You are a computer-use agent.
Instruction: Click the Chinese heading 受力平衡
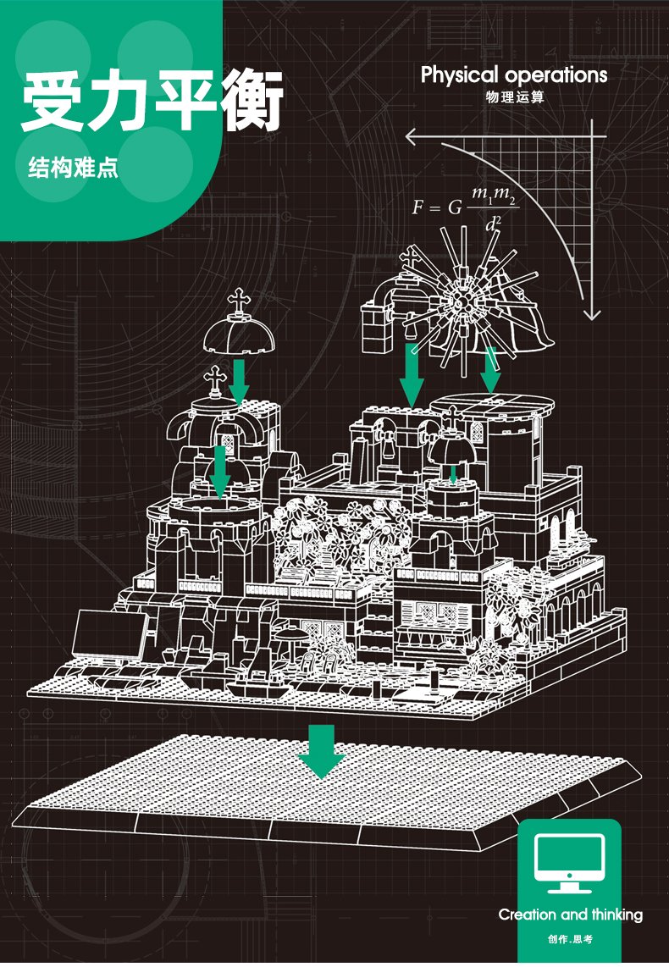coord(152,100)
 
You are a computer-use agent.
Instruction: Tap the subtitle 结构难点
coord(73,168)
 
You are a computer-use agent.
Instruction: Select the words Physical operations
coord(514,75)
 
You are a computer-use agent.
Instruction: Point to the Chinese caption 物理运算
coord(514,97)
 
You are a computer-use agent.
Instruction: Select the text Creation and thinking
coord(571,914)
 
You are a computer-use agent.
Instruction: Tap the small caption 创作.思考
coord(570,939)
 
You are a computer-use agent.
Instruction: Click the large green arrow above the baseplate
coord(321,751)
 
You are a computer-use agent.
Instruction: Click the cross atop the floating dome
coord(240,301)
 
